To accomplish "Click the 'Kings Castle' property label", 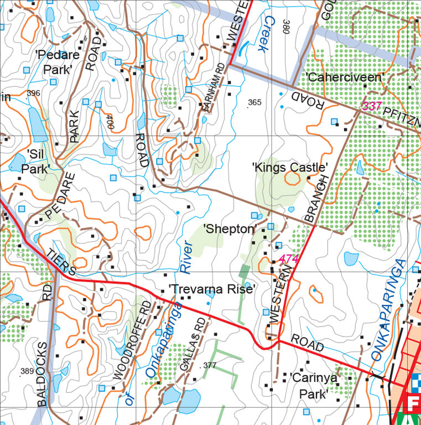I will (290, 167).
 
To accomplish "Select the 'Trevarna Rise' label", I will (212, 289).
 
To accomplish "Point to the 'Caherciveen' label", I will (344, 77).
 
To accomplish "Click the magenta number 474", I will (288, 258).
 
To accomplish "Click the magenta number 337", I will (372, 105).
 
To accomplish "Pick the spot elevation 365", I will (254, 102).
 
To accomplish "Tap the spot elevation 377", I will (210, 365).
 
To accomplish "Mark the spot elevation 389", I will (27, 371).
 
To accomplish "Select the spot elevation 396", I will (33, 93).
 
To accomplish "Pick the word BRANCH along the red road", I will (316, 199).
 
